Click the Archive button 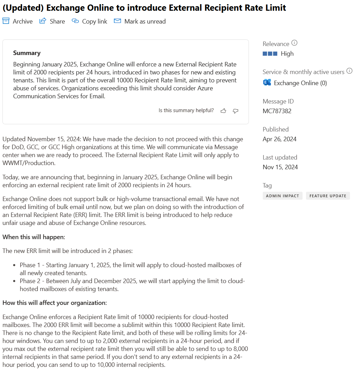18,21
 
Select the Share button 52,21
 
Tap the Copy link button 89,21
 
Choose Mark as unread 140,21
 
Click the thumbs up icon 223,111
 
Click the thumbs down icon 236,111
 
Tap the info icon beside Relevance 294,43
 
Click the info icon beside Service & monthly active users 349,71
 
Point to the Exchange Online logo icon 267,83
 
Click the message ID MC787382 277,111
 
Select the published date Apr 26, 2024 279,139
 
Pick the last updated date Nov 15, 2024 280,167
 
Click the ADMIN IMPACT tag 282,196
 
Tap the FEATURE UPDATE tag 328,196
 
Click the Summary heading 27,53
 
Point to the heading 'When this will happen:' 34,237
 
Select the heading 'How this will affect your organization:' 55,303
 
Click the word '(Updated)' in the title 23,8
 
